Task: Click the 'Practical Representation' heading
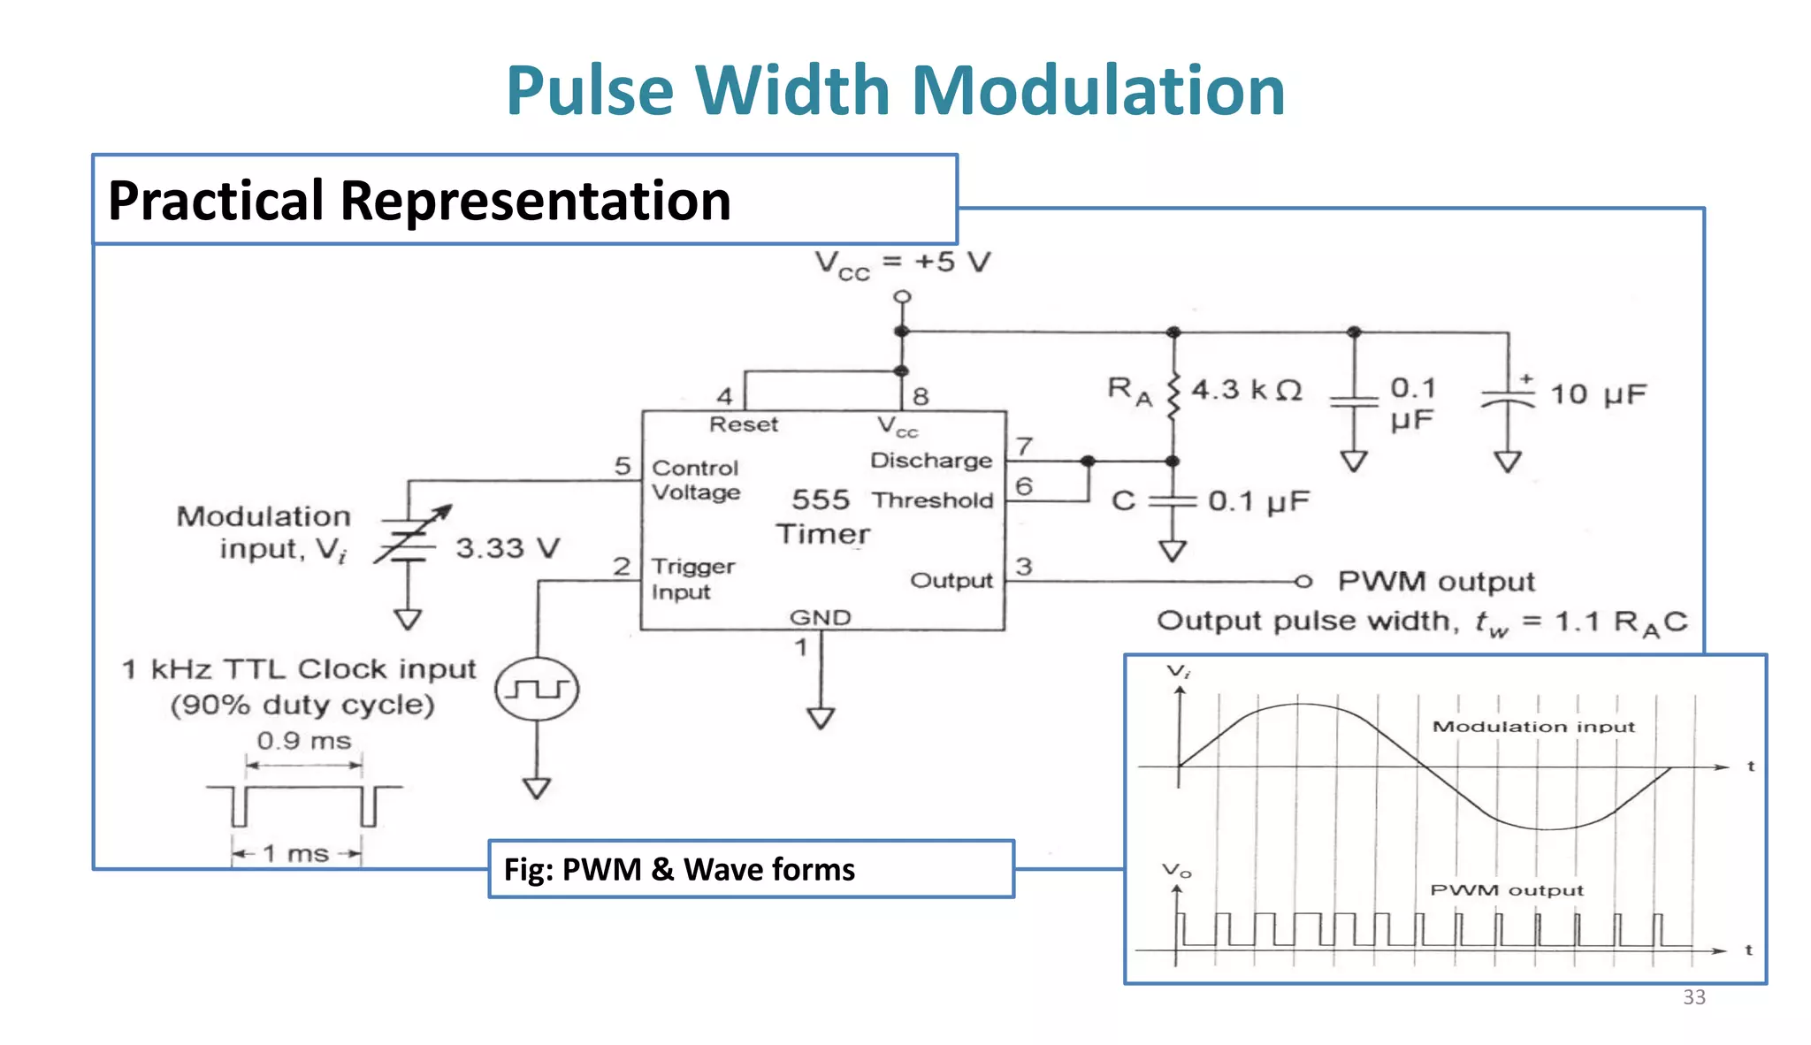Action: tap(419, 201)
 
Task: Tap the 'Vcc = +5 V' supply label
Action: tap(902, 263)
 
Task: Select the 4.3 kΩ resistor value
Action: tap(1247, 390)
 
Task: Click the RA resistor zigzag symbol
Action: tap(1173, 396)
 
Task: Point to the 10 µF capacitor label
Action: tap(1598, 394)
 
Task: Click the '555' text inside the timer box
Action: tap(820, 500)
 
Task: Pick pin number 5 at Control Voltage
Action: tap(623, 466)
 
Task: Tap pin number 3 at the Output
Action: tap(1023, 566)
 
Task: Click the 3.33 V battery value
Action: tap(508, 548)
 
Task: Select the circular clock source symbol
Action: tap(537, 689)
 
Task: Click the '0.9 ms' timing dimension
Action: tap(304, 741)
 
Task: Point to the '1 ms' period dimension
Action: tap(296, 854)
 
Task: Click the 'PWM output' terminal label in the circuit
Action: tap(1435, 582)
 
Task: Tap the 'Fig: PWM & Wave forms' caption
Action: tap(679, 869)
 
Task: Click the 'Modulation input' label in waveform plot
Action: tap(1533, 727)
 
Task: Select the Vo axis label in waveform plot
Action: tap(1176, 871)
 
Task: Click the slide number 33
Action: tap(1693, 997)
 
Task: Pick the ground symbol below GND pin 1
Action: tap(821, 717)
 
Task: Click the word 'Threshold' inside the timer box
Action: tap(933, 500)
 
